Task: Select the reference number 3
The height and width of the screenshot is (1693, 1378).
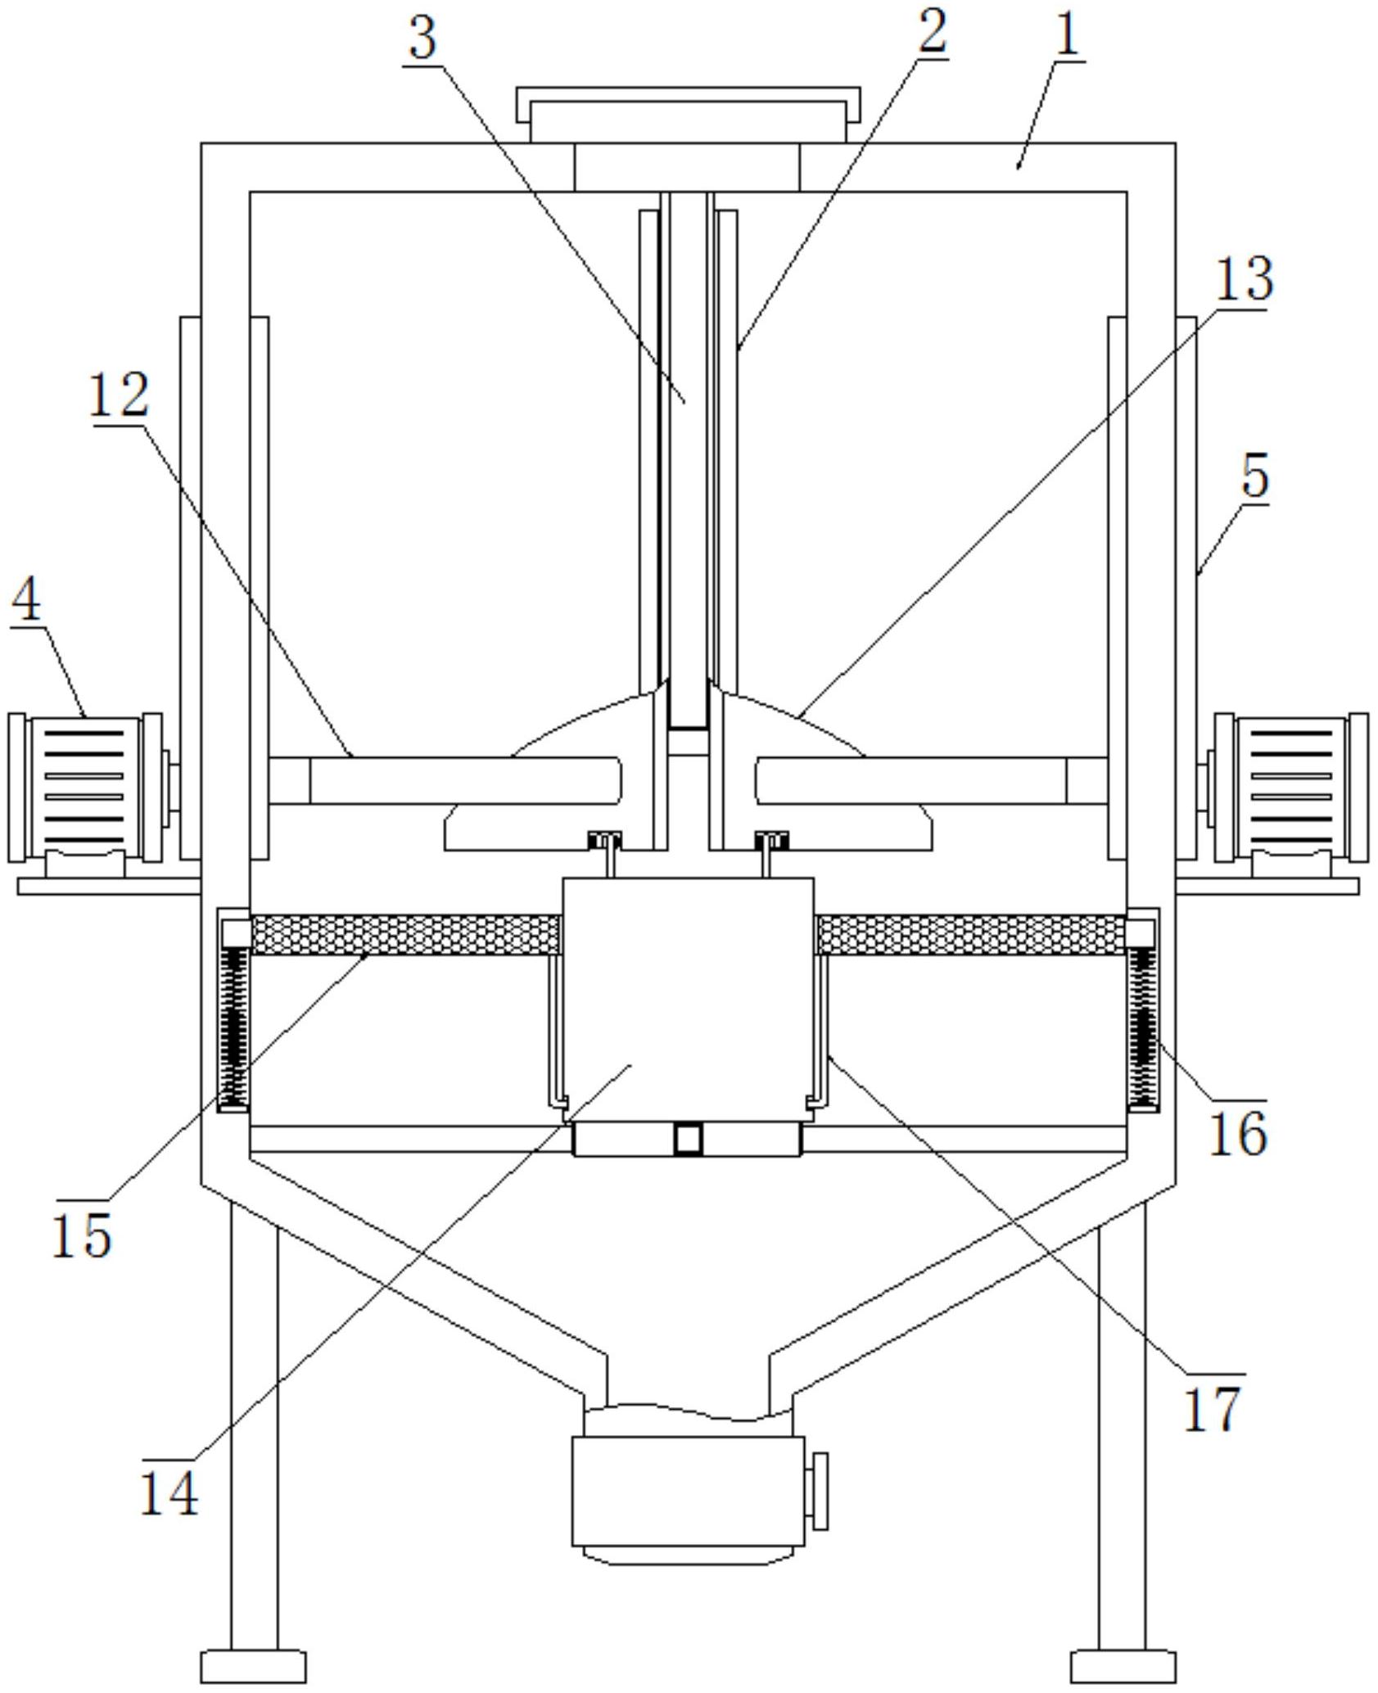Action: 422,38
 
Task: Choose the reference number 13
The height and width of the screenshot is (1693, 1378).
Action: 1243,279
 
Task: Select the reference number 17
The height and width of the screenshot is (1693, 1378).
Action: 1213,1407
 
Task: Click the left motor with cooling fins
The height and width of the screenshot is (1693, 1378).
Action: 84,787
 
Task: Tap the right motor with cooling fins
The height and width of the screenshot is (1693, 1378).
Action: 1291,787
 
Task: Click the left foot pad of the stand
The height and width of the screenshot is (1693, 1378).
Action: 253,1666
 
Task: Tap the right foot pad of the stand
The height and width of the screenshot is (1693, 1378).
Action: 1123,1666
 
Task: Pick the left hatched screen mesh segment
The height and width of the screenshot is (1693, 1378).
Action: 404,934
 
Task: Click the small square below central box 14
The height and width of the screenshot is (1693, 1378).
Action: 689,1139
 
